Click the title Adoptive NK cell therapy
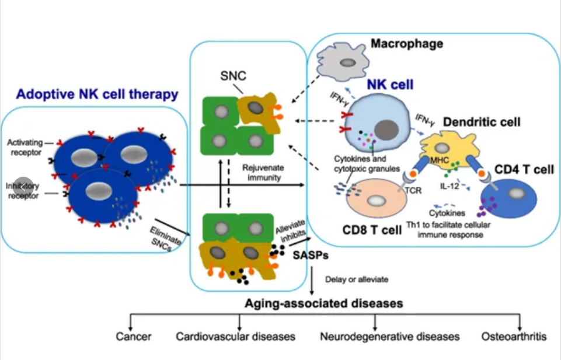click(97, 93)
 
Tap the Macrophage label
click(407, 43)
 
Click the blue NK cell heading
click(389, 85)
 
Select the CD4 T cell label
click(524, 170)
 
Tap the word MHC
click(439, 159)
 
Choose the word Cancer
click(133, 337)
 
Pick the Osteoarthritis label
click(514, 337)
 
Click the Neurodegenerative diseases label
click(390, 337)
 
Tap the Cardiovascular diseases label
click(235, 337)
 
